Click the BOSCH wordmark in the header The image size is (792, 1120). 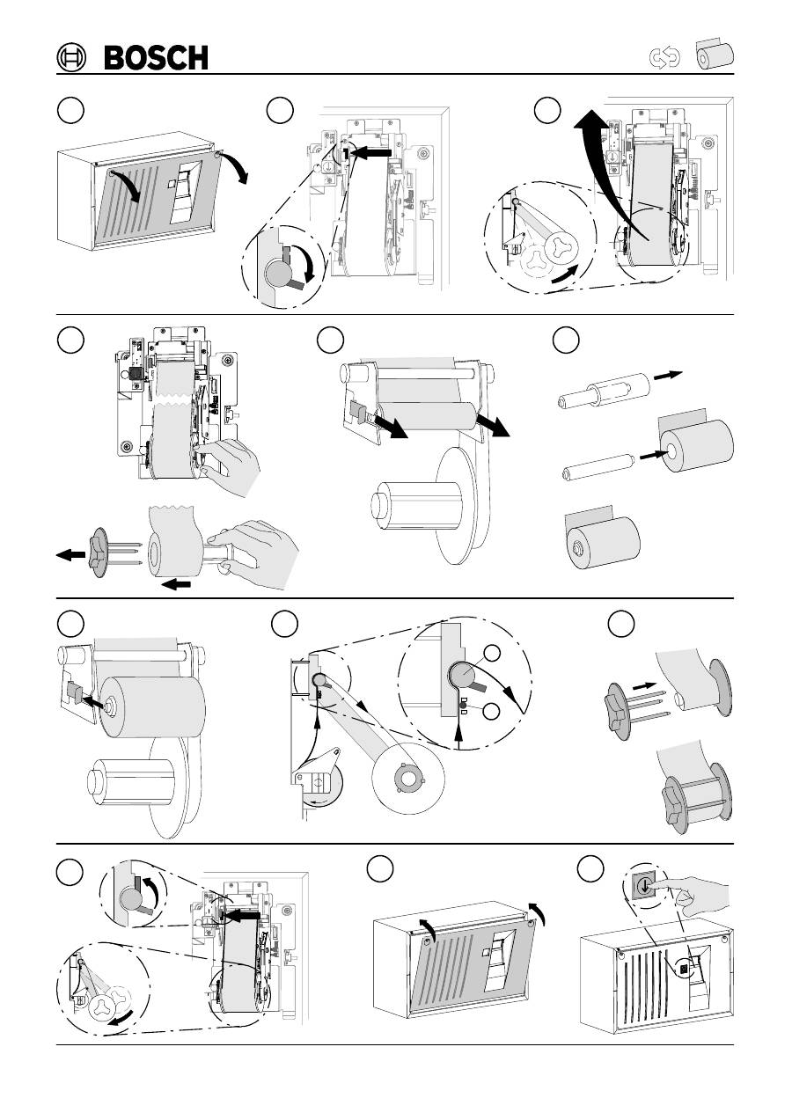[x=157, y=58]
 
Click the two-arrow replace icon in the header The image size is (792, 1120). [x=664, y=58]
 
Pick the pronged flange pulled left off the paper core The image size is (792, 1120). [x=97, y=553]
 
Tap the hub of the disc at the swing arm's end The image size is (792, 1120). [x=407, y=778]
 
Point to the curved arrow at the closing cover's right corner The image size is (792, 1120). [x=538, y=912]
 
